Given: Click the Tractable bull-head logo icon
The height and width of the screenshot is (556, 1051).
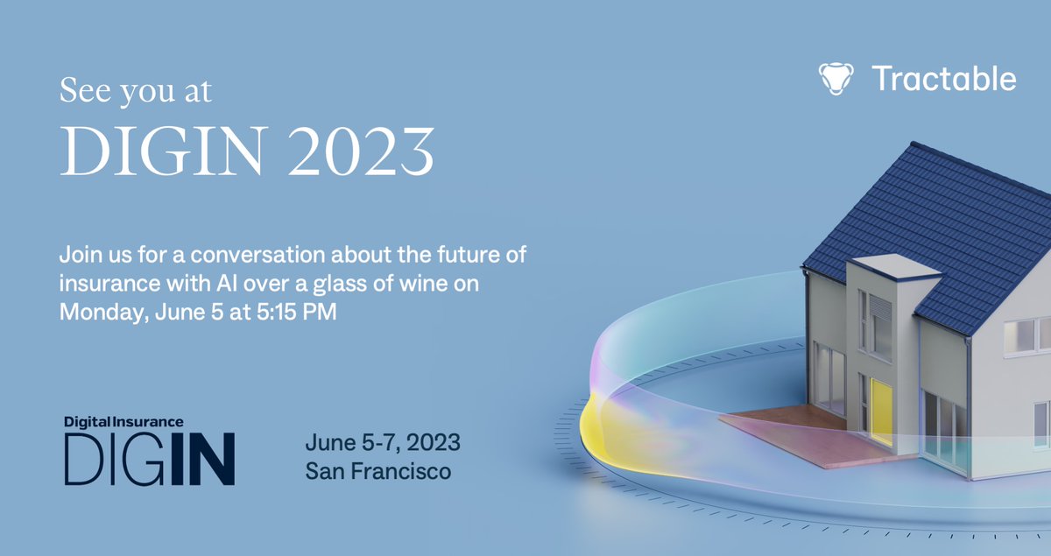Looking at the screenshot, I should (x=836, y=79).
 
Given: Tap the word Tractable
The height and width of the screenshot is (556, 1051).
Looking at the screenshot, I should (x=944, y=79).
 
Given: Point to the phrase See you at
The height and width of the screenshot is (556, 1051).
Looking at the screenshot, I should (x=135, y=91).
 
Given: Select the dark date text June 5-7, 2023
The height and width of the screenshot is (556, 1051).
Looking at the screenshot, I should (x=383, y=440).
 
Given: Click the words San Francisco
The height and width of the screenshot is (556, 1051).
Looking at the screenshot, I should (x=378, y=471).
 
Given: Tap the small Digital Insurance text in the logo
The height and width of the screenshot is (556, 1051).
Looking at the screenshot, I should (x=123, y=421).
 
